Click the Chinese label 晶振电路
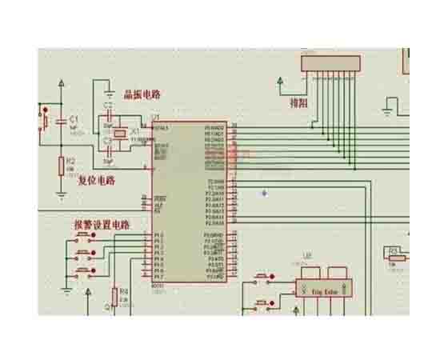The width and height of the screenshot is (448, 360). (x=142, y=94)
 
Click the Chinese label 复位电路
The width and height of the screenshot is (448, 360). (x=96, y=181)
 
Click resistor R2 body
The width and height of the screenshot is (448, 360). (x=61, y=166)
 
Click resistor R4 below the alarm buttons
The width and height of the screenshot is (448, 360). (x=114, y=295)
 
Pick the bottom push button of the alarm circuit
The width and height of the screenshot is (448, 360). (x=82, y=272)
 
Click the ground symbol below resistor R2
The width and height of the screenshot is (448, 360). (x=61, y=194)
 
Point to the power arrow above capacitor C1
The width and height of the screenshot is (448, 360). (x=61, y=82)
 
